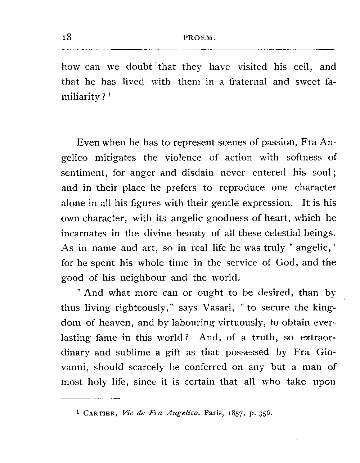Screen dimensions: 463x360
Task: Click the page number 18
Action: tap(67, 37)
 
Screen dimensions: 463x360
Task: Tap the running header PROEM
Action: tap(199, 38)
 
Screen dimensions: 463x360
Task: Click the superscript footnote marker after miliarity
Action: tap(113, 95)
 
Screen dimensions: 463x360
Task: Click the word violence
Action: tap(183, 158)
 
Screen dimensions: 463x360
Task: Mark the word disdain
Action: tap(197, 173)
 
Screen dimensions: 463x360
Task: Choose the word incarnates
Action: tap(84, 233)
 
